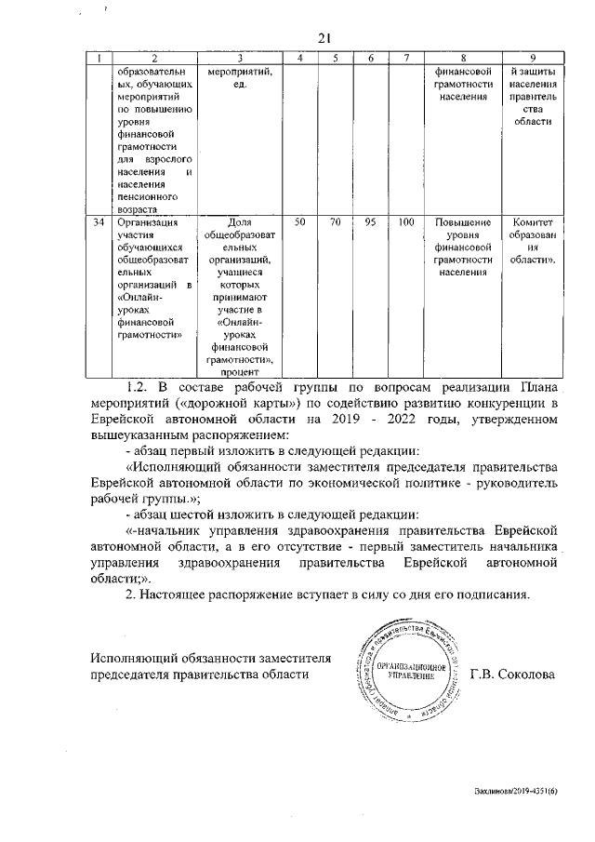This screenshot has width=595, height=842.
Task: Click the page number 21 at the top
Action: click(324, 38)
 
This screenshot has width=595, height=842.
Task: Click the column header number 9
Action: click(532, 60)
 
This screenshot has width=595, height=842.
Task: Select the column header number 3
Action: click(240, 60)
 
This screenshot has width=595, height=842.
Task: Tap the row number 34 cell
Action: click(99, 222)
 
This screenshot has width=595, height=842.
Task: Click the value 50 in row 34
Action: click(299, 222)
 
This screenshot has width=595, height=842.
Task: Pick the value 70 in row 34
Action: click(335, 222)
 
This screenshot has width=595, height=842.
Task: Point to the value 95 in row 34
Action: click(370, 222)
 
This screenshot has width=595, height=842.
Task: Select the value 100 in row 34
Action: click(405, 222)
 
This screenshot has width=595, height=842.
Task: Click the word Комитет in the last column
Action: click(532, 222)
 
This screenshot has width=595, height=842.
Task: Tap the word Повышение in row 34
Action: click(462, 222)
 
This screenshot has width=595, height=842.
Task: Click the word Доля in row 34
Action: click(240, 222)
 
